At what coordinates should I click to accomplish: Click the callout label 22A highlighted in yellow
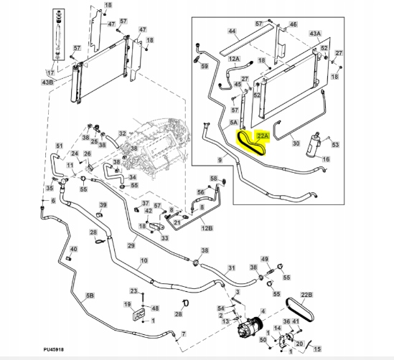tap(263, 136)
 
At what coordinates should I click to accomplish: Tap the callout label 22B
tap(306, 295)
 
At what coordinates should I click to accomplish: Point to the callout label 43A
tap(315, 34)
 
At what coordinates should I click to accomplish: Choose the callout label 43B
tap(47, 82)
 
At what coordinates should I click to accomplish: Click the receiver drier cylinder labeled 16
tap(314, 145)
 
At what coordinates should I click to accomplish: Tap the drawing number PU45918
tap(53, 349)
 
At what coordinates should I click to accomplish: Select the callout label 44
tap(232, 31)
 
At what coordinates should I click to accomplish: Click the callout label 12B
tap(207, 228)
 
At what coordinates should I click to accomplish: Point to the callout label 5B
tap(90, 295)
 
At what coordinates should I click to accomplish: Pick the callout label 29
tap(131, 245)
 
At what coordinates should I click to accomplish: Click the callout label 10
tap(144, 260)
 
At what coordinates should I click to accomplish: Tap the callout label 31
tap(231, 268)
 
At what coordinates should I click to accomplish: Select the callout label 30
tap(296, 143)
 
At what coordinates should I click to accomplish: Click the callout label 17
tap(51, 73)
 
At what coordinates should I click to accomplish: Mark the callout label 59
tap(205, 66)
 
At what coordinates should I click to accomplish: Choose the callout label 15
tap(317, 349)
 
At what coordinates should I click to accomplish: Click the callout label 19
tap(128, 305)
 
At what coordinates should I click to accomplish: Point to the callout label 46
tap(293, 24)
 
